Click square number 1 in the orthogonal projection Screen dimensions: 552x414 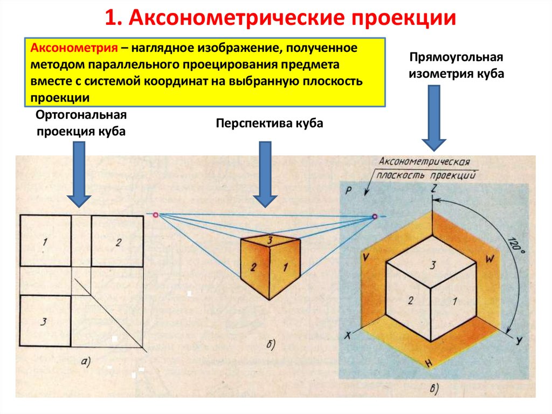pos(45,241)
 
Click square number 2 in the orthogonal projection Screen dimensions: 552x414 pos(118,241)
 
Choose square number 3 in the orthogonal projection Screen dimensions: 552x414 pos(45,321)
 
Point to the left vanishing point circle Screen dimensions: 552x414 pos(156,215)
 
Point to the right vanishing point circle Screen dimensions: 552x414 pos(375,217)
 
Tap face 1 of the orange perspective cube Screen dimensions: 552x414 pos(285,266)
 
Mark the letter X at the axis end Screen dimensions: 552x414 pos(348,335)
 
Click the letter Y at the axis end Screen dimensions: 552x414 pos(520,340)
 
